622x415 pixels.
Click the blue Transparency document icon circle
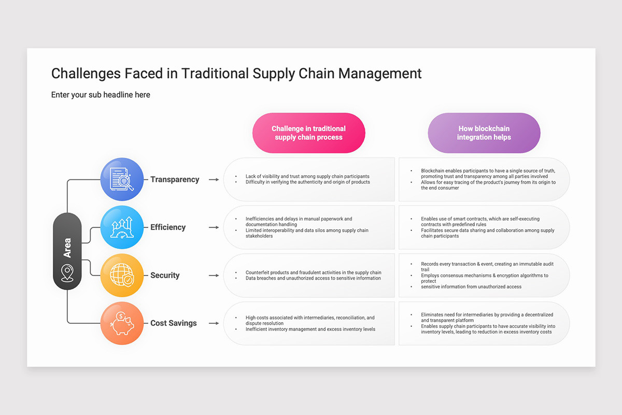122,179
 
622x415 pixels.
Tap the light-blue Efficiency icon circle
122,227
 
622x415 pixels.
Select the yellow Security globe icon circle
122,275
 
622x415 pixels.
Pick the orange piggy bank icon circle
122,323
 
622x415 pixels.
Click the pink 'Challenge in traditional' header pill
308,133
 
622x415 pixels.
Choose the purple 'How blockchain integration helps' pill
484,133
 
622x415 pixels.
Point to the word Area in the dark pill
67,247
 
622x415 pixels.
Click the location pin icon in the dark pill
67,273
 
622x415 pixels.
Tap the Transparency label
175,179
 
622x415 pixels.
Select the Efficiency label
168,227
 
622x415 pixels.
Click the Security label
165,275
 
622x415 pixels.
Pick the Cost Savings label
174,323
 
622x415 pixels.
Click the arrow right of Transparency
214,179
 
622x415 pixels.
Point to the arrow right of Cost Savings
214,323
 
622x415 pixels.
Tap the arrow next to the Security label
214,275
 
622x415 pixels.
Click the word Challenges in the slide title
86,74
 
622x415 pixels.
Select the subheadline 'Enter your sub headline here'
101,95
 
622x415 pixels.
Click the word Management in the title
380,74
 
